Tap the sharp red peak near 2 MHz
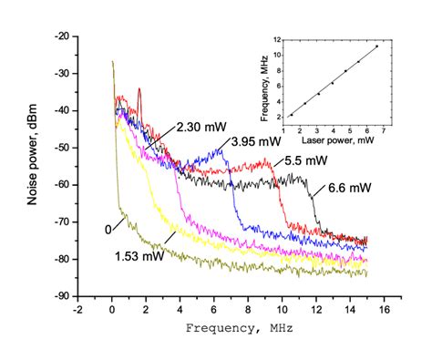[139, 90]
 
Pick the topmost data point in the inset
[375, 46]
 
